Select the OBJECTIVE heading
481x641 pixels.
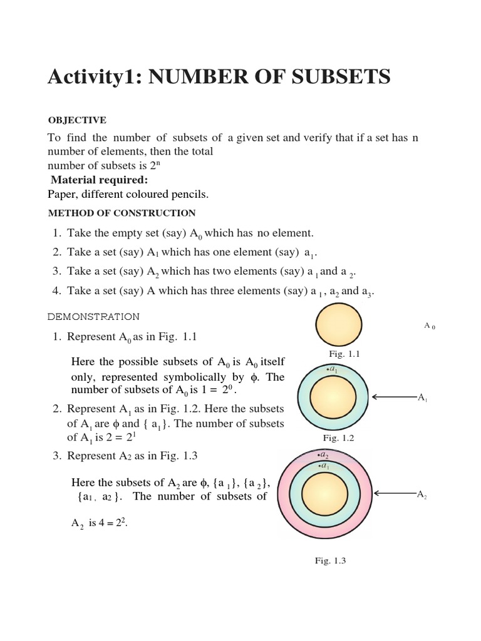click(77, 120)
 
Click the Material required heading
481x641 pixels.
click(99, 180)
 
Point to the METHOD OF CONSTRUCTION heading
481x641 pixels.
click(122, 213)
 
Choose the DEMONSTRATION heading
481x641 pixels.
click(94, 317)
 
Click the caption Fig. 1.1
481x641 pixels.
click(344, 354)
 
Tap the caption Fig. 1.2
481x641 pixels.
click(338, 438)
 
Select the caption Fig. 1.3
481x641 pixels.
click(330, 561)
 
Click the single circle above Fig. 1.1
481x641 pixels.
click(339, 325)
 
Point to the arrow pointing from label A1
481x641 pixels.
click(395, 397)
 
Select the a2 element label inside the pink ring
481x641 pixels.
click(324, 455)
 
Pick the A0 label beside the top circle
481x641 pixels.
click(429, 326)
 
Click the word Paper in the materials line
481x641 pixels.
click(61, 195)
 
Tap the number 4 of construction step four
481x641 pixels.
click(56, 291)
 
